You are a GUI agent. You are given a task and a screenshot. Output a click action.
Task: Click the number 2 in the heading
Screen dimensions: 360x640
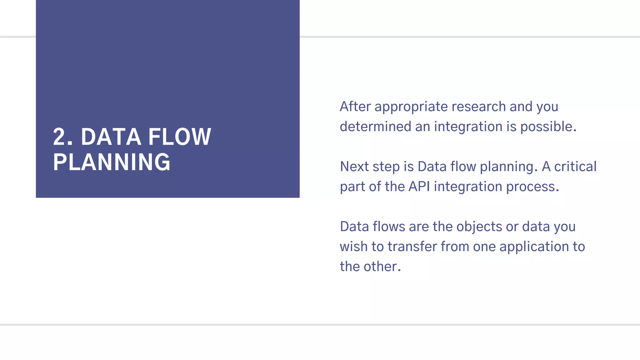[59, 137]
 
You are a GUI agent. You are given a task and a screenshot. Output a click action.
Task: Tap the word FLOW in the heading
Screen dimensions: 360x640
[180, 137]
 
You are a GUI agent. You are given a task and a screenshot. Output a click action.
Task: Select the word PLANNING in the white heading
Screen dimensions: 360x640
[112, 162]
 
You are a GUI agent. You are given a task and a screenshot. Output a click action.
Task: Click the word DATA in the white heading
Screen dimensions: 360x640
[111, 137]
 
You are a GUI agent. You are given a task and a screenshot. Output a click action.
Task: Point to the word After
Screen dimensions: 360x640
[355, 107]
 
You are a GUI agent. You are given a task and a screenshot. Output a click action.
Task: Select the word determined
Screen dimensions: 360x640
[375, 127]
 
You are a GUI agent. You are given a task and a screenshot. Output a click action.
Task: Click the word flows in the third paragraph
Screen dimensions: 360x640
[389, 227]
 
